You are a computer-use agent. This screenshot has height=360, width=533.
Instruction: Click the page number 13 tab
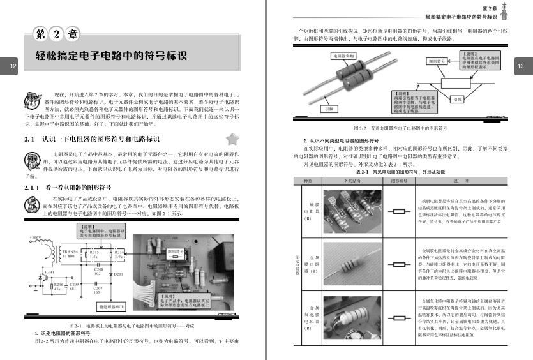tap(520, 66)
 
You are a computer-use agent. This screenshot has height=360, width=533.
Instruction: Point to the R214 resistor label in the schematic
tap(118, 253)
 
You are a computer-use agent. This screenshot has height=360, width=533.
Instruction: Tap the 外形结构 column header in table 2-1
tap(352, 181)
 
